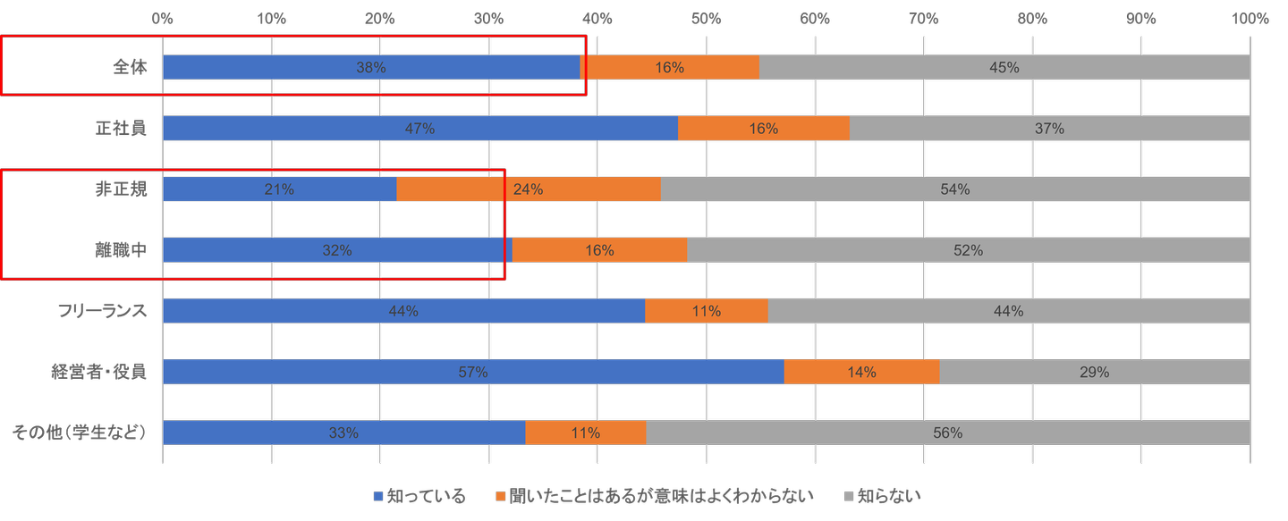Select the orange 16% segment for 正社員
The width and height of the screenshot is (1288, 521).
pyautogui.click(x=763, y=129)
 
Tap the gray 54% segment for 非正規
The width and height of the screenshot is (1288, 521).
pyautogui.click(x=955, y=189)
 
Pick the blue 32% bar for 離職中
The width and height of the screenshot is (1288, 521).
pyautogui.click(x=337, y=251)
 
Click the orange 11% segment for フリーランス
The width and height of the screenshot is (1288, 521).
pyautogui.click(x=707, y=311)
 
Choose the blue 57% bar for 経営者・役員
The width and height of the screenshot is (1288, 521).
pyautogui.click(x=473, y=372)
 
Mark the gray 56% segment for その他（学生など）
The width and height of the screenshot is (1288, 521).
pyautogui.click(x=947, y=433)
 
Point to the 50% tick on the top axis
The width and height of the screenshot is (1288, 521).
pyautogui.click(x=707, y=18)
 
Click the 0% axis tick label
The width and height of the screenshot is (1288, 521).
pyautogui.click(x=163, y=18)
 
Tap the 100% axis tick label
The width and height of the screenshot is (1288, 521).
pyautogui.click(x=1250, y=18)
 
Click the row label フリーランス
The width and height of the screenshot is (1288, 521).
pyautogui.click(x=101, y=311)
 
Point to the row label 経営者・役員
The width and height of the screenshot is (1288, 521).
pyautogui.click(x=97, y=372)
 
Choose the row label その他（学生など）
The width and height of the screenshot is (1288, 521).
pyautogui.click(x=79, y=433)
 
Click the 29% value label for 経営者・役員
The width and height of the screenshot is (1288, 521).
pyautogui.click(x=1095, y=372)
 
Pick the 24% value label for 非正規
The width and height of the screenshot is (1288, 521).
pyautogui.click(x=529, y=189)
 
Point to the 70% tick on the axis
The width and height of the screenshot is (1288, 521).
pyautogui.click(x=924, y=18)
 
